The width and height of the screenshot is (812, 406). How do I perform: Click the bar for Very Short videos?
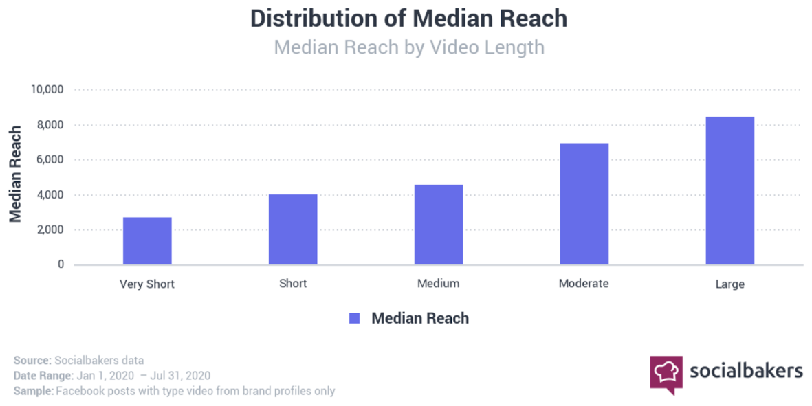coord(147,241)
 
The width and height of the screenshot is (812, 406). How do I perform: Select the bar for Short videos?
coord(293,229)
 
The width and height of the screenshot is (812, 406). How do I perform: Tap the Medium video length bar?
coord(439,225)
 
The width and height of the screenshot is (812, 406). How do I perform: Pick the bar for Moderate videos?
coord(584,204)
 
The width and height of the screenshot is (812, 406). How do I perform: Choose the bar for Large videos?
coord(729,191)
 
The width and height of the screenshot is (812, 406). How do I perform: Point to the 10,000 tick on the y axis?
coord(47,90)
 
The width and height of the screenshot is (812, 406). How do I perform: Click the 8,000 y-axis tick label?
coord(50,125)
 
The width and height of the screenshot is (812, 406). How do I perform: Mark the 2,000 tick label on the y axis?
coord(50,229)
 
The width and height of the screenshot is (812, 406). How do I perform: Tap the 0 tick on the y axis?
coord(61,264)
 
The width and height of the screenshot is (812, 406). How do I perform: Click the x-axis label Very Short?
coord(147,284)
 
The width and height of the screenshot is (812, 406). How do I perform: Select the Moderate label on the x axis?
coord(584,284)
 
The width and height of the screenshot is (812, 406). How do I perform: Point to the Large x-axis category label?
coord(729,284)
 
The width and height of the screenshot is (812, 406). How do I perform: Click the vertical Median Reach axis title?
coord(15,174)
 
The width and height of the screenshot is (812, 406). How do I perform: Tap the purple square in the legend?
coord(355,318)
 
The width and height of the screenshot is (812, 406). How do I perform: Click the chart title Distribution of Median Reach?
coord(409,19)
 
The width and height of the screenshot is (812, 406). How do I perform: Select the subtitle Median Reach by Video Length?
coord(409,47)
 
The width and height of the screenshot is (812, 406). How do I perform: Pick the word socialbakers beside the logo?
coord(746,371)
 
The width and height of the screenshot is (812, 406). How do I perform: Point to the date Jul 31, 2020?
coord(180,376)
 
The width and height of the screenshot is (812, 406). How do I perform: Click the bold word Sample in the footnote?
coord(34,391)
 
